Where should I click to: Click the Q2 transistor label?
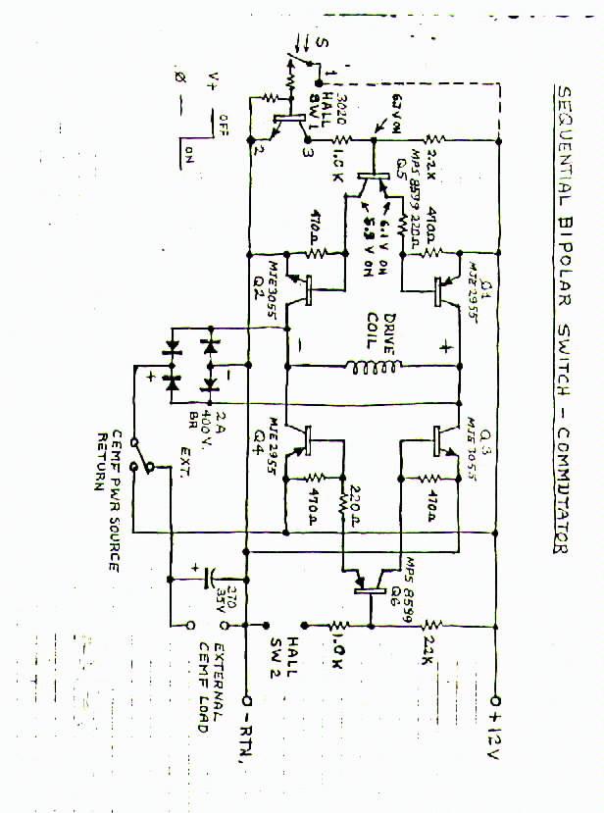click(x=259, y=279)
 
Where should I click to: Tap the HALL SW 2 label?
click(x=273, y=653)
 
